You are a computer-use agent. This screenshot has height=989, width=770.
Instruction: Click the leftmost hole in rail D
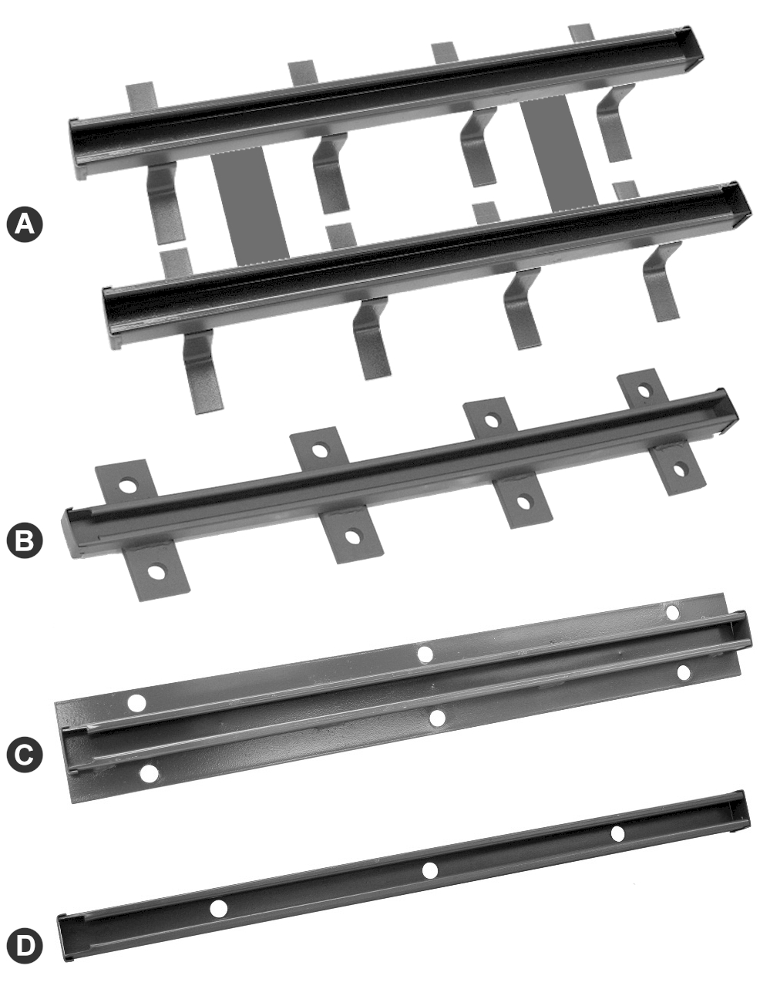219,908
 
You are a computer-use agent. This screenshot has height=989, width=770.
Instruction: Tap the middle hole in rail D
429,870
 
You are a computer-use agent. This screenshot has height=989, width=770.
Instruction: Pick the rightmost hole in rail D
617,833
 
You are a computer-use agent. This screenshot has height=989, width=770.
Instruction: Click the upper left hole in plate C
137,702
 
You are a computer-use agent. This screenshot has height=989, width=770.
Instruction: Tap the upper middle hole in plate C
424,654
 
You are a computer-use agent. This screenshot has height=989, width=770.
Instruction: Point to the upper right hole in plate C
672,612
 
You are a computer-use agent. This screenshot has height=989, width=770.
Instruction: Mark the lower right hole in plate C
682,672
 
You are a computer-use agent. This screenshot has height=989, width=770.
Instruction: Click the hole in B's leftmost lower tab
156,572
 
